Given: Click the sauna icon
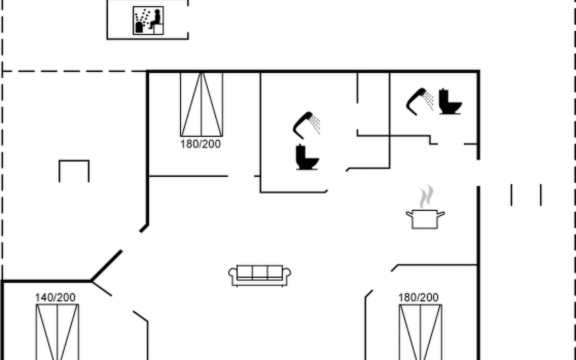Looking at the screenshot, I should [148, 20].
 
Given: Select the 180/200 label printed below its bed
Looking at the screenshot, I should [200, 144].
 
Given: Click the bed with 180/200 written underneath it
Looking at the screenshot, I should [202, 104].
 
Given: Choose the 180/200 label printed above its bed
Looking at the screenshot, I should [418, 298].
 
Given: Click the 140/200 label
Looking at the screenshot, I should [55, 298].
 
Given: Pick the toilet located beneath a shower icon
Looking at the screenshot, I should [307, 157].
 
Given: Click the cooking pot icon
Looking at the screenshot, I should [425, 219].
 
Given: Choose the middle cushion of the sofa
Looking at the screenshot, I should [260, 272].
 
